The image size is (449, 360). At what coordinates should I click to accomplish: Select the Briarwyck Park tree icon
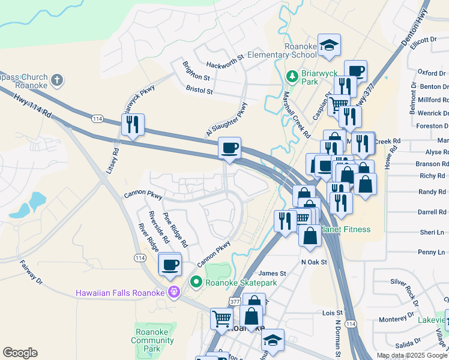coord(292,76)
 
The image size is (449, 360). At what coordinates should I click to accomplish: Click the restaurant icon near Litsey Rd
coord(132,124)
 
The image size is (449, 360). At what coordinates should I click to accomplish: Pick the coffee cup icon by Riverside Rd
coord(170,263)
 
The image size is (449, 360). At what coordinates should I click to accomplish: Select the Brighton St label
coord(196,78)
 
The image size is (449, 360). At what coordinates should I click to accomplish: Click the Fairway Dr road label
coord(31,271)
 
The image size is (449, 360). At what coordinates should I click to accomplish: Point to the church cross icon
coord(57,80)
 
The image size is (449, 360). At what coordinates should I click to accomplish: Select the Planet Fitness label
coord(346,229)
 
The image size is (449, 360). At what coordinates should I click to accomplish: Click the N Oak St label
coord(313,262)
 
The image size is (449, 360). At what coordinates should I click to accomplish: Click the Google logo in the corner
coord(20,353)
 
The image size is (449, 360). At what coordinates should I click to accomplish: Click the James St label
coord(272,274)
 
